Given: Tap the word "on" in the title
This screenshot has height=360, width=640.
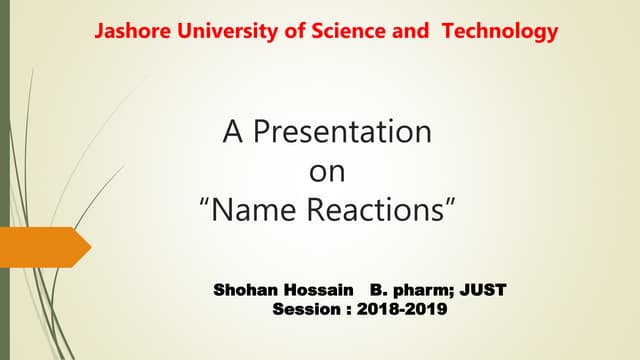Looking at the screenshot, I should [327, 172].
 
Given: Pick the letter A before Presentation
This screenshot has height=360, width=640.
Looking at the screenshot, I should [231, 132].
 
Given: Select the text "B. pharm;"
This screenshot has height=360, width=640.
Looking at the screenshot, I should [411, 291].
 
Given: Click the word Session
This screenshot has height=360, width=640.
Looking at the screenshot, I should [305, 310].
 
